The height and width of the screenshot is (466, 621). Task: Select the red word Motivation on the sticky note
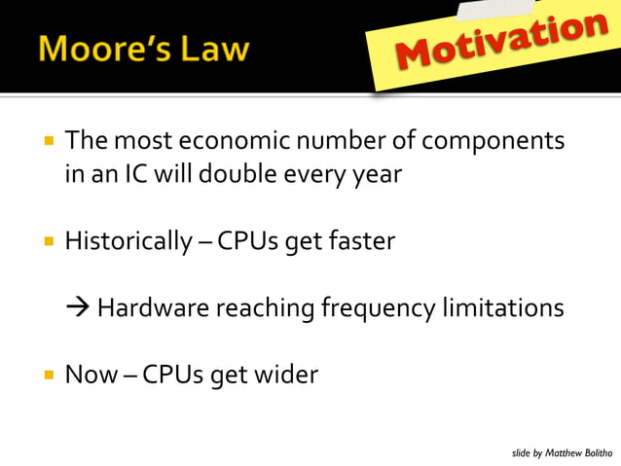[x=497, y=45]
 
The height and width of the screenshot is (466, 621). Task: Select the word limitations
[x=504, y=308]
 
